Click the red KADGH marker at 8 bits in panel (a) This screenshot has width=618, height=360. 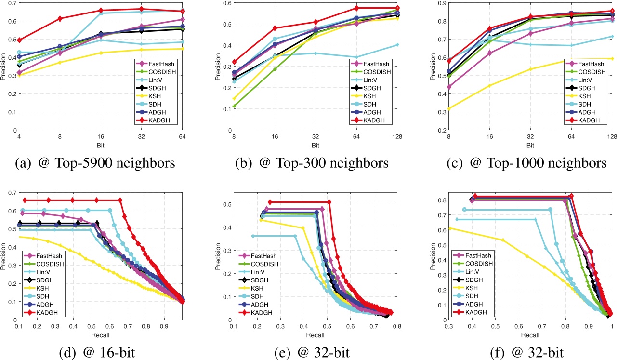[60, 19]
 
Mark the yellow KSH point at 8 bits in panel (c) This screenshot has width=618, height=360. [449, 108]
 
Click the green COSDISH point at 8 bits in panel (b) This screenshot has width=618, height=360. [235, 106]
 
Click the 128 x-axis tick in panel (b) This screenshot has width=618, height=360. [397, 136]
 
